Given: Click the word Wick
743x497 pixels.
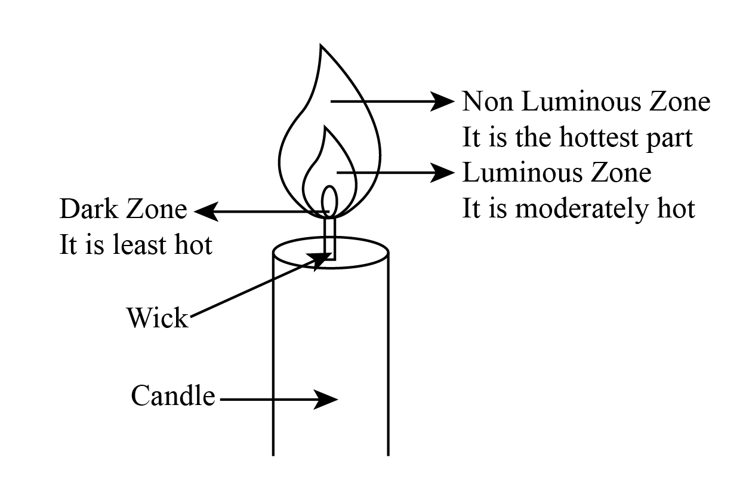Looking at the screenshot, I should [x=157, y=318].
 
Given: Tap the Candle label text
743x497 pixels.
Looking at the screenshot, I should [x=173, y=396].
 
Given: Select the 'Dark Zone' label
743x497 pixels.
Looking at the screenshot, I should [x=123, y=210].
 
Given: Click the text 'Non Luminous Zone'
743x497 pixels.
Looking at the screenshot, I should [x=586, y=102].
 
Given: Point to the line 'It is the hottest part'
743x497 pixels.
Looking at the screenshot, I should [x=577, y=138].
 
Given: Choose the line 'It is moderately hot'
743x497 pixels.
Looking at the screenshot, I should [x=578, y=209].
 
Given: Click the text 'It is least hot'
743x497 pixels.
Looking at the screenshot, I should [x=135, y=246].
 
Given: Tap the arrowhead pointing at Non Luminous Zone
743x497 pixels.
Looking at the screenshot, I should [x=444, y=102].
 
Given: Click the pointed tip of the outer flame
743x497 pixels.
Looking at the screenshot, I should [x=321, y=47].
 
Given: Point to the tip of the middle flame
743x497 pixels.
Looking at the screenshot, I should [x=324, y=127].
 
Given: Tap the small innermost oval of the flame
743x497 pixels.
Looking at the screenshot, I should [x=329, y=200].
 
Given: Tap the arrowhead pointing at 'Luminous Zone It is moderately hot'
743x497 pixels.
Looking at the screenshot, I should [x=444, y=173].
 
